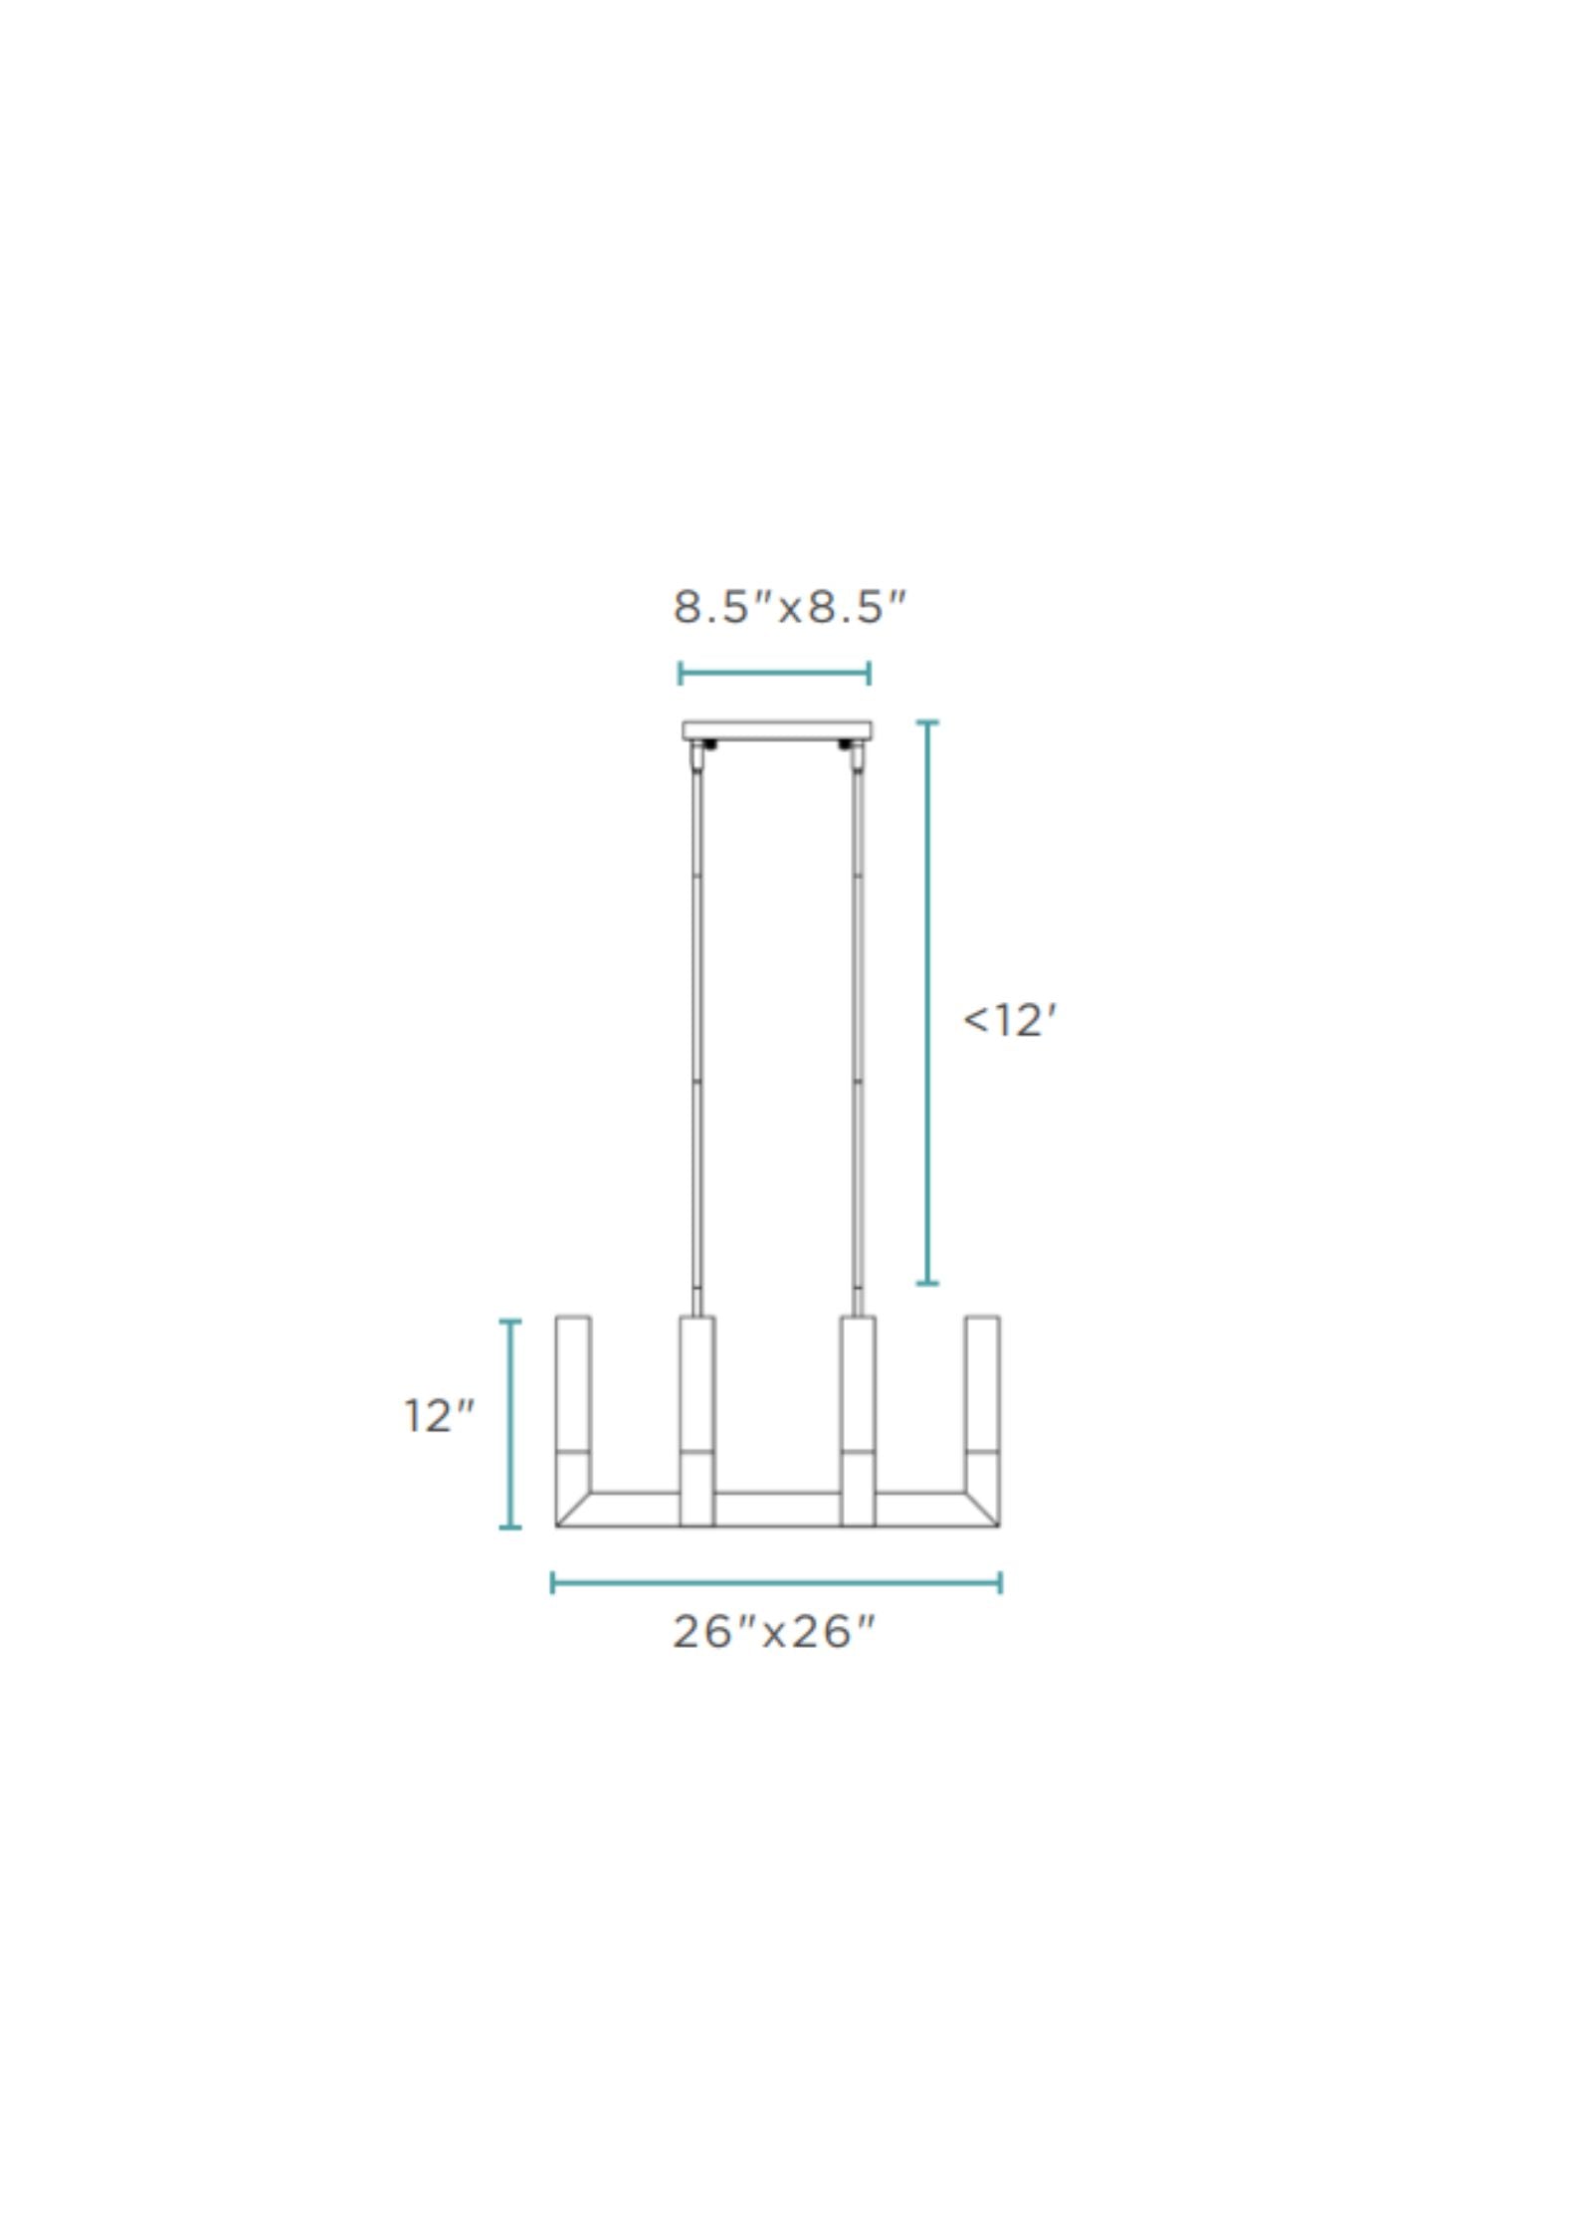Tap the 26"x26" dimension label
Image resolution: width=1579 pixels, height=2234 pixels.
click(x=774, y=1632)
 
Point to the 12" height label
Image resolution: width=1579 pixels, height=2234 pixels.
click(x=439, y=1416)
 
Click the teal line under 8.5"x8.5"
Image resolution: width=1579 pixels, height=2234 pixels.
click(x=774, y=674)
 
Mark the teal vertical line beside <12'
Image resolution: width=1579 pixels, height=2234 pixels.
click(x=927, y=1002)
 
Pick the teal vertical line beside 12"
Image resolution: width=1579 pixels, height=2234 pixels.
click(x=510, y=1424)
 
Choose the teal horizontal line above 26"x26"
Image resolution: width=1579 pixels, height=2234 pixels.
click(x=776, y=1582)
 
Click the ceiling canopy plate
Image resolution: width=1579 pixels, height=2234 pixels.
click(x=777, y=731)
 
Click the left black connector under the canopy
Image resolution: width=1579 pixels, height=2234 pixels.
click(x=709, y=745)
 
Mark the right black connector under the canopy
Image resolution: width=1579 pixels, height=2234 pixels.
click(x=846, y=745)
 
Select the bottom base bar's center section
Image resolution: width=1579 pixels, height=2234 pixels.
click(x=777, y=1509)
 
